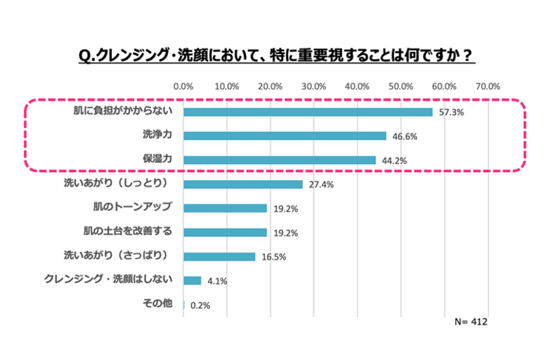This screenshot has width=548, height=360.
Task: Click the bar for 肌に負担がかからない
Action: click(307, 112)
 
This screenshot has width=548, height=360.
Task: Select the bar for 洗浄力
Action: click(284, 136)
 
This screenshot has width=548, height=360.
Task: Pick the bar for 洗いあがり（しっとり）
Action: click(243, 184)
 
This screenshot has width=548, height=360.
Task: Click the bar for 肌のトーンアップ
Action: click(224, 208)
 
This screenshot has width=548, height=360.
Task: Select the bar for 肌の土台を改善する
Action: click(224, 232)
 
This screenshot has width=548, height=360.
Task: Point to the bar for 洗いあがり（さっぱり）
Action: click(219, 256)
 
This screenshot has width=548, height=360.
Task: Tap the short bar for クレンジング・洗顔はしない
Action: click(192, 280)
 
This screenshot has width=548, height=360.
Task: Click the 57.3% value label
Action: click(451, 113)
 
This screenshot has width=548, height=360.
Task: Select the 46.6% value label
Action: click(404, 136)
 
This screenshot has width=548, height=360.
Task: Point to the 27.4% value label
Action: click(321, 184)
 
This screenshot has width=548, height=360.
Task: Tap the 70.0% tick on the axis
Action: click(488, 87)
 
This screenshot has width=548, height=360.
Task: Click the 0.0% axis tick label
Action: click(183, 87)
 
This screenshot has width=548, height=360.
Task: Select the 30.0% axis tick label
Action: click(314, 87)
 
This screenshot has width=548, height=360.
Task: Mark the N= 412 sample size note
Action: click(470, 322)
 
